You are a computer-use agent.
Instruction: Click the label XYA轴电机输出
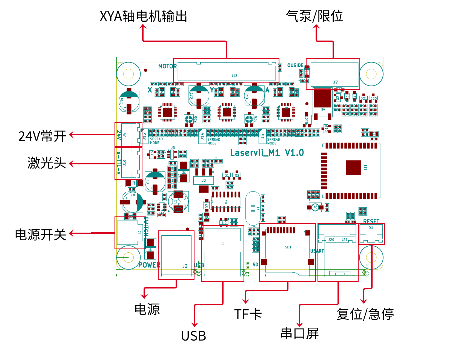(x=143, y=16)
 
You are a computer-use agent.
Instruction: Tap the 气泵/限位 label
(x=314, y=16)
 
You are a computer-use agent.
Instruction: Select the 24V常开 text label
(x=42, y=136)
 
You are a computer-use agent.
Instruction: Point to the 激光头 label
(x=47, y=163)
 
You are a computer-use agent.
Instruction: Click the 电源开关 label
(x=41, y=235)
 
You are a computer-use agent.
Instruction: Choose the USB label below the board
(x=193, y=336)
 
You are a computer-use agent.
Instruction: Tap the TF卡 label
(x=248, y=314)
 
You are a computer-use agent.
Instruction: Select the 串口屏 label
(x=299, y=333)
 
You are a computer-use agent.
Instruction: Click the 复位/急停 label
(x=365, y=314)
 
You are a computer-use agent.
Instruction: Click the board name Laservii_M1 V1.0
(x=267, y=153)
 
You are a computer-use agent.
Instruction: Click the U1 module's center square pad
(x=353, y=168)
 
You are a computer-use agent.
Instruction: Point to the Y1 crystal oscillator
(x=253, y=208)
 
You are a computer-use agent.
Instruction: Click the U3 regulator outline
(x=203, y=180)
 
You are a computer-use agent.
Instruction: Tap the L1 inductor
(x=178, y=202)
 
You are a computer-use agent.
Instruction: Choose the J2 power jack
(x=176, y=255)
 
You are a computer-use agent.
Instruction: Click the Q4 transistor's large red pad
(x=322, y=98)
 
